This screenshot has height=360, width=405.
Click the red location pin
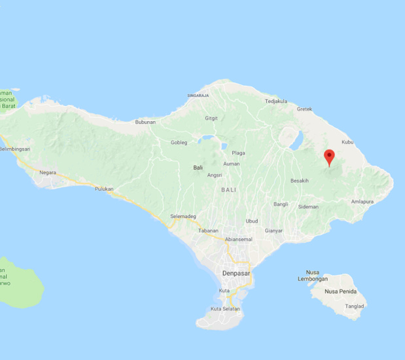pyautogui.click(x=330, y=156)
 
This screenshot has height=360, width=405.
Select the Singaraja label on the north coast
pyautogui.click(x=198, y=96)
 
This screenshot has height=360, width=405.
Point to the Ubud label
pyautogui.click(x=252, y=221)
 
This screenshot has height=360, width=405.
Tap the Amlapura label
pyautogui.click(x=362, y=202)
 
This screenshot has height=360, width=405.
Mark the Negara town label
pyautogui.click(x=48, y=173)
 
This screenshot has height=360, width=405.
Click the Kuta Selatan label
pyautogui.click(x=225, y=309)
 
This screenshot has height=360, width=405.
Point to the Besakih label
pyautogui.click(x=300, y=181)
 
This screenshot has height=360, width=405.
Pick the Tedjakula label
pyautogui.click(x=276, y=101)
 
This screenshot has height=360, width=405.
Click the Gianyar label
pyautogui.click(x=274, y=230)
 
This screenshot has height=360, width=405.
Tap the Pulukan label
pyautogui.click(x=104, y=189)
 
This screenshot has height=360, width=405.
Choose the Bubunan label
pyautogui.click(x=145, y=122)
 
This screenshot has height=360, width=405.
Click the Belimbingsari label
pyautogui.click(x=15, y=149)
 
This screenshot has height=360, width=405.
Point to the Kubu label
pyautogui.click(x=347, y=142)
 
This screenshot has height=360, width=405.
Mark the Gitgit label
pyautogui.click(x=211, y=118)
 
